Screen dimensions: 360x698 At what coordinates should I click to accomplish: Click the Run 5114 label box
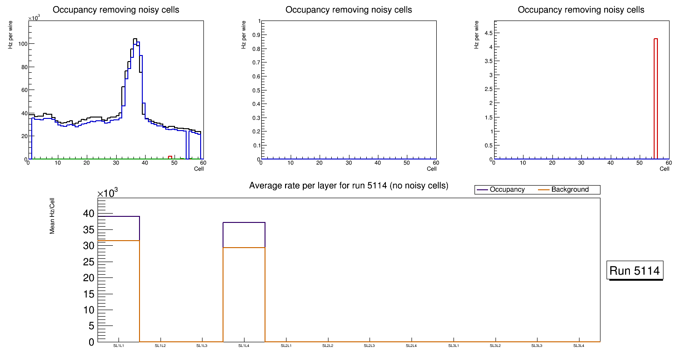click(x=635, y=270)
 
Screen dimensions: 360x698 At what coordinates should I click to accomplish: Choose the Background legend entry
click(x=570, y=190)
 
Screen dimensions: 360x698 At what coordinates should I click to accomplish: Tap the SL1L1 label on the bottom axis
click(x=119, y=346)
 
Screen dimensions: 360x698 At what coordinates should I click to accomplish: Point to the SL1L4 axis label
click(x=244, y=346)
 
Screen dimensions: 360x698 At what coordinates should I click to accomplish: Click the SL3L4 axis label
click(x=579, y=346)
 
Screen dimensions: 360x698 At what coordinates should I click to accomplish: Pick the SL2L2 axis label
click(x=328, y=346)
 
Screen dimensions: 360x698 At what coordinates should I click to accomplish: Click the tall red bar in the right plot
click(x=656, y=98)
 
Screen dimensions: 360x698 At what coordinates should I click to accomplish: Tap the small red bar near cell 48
click(x=170, y=157)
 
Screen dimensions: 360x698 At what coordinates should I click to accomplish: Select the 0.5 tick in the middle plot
click(x=255, y=90)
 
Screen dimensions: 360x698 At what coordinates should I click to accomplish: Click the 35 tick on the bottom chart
click(x=89, y=229)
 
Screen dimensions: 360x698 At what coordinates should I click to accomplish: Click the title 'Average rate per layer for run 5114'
click(x=349, y=186)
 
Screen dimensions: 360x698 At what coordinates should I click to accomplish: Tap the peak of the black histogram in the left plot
click(x=135, y=39)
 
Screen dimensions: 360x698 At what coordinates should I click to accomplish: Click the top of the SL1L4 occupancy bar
click(x=244, y=222)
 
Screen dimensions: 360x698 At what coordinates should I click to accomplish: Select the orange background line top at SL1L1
click(x=119, y=241)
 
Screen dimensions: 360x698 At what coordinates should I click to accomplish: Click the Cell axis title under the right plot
click(x=664, y=168)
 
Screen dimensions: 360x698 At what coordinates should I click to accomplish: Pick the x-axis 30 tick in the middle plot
click(x=349, y=163)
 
